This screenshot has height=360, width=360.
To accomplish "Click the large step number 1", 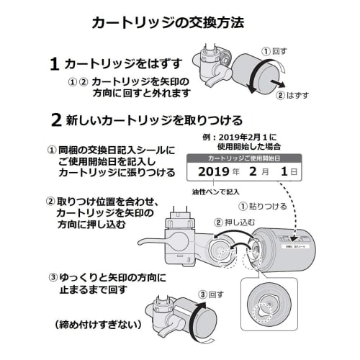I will tap(53, 65).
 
